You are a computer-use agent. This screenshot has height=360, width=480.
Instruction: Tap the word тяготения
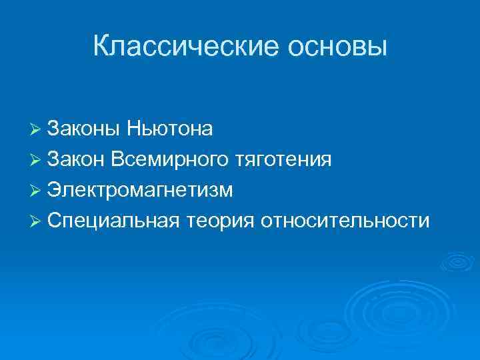click(283, 159)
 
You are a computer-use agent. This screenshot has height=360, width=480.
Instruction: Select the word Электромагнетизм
click(141, 190)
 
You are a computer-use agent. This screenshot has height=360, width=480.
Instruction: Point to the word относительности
click(346, 221)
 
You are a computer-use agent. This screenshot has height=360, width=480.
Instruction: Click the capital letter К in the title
click(101, 46)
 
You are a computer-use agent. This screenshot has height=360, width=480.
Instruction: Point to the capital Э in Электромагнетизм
click(55, 190)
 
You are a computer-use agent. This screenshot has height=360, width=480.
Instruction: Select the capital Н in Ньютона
click(123, 129)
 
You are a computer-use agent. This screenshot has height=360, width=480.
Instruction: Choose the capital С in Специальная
click(55, 221)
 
